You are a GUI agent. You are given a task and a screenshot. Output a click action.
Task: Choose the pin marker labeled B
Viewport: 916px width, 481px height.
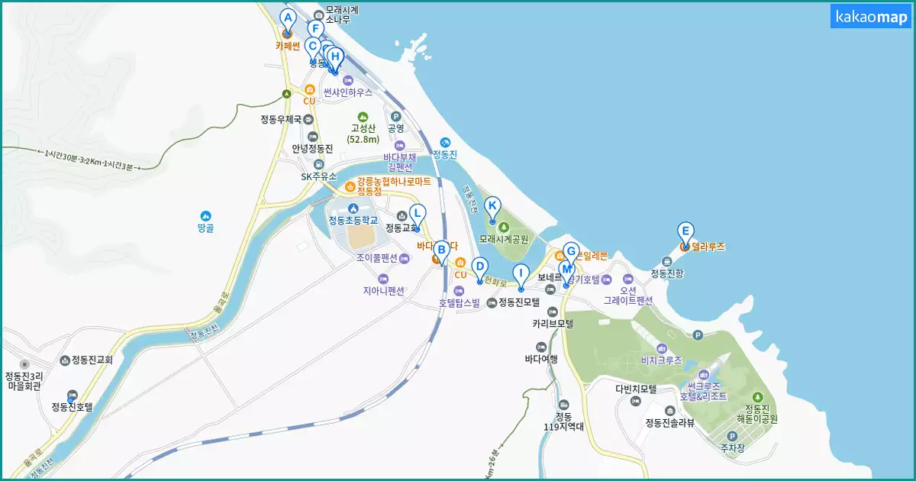pos(440,250)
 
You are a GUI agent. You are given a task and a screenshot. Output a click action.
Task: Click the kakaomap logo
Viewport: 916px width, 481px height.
pos(871,17)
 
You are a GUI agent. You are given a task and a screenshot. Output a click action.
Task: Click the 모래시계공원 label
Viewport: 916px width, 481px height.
pos(504,239)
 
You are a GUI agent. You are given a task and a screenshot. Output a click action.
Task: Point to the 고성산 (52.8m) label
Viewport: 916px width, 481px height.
pos(363,134)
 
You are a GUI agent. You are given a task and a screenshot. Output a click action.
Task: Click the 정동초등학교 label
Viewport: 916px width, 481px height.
pos(353,221)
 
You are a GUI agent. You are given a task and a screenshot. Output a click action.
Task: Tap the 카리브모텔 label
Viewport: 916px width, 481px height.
pos(553,324)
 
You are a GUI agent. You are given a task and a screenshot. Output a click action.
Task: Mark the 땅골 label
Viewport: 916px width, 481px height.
pos(205,228)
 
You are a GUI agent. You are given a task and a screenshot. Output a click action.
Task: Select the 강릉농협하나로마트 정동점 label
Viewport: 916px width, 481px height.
pos(393,186)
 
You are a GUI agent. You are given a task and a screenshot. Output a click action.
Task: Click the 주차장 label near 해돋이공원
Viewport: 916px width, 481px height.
pos(732,449)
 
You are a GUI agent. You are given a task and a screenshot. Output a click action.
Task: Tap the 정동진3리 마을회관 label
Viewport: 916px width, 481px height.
pos(24,380)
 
